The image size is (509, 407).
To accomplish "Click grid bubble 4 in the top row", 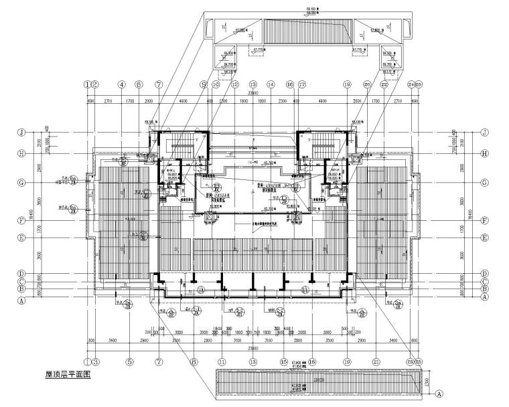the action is [x=121, y=85].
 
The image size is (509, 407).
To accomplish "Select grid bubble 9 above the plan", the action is [x=203, y=85].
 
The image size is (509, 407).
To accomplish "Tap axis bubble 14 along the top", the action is [x=271, y=85].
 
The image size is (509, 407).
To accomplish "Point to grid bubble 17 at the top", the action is [x=302, y=85].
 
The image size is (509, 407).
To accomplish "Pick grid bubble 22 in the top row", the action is [x=384, y=85].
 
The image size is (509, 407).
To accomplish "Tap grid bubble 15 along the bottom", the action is [x=284, y=361].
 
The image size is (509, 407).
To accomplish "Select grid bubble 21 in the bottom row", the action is [x=376, y=361].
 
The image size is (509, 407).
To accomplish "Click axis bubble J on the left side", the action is [x=21, y=133].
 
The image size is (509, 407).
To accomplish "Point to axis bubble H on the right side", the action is [x=484, y=153].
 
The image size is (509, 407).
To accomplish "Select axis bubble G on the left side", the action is [x=21, y=182].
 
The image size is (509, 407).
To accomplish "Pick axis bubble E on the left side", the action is [x=21, y=238].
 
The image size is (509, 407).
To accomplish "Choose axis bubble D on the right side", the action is [x=484, y=274].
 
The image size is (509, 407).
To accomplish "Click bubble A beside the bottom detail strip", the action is [x=439, y=394].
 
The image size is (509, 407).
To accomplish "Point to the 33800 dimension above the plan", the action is [x=253, y=93].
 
